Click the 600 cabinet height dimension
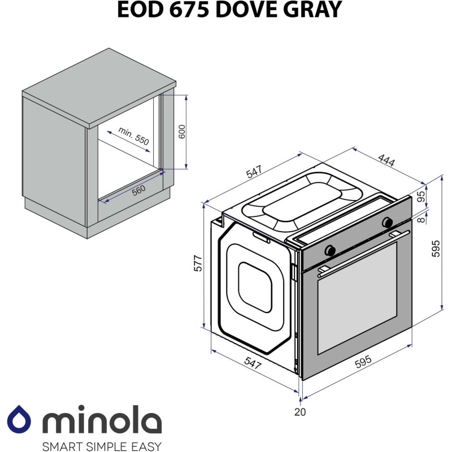(181, 132)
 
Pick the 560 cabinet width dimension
(139, 190)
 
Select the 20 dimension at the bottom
(300, 412)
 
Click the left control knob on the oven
(330, 249)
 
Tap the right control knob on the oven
(388, 221)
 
